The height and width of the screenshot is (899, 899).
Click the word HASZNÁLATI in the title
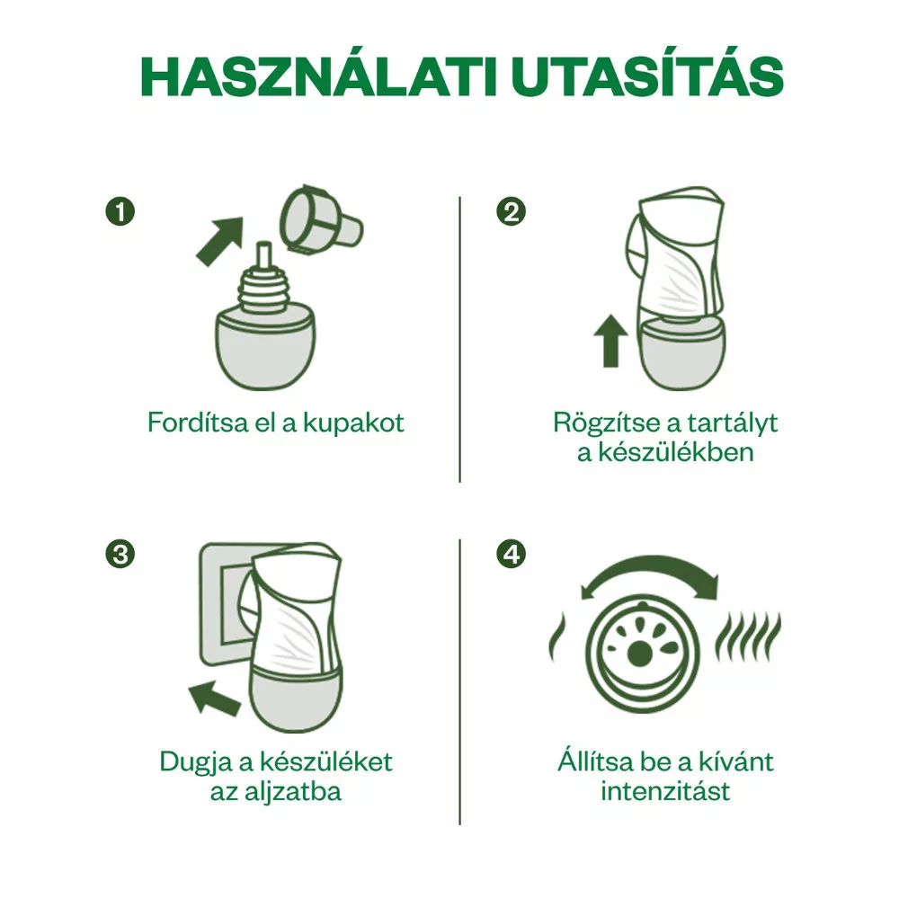(319, 76)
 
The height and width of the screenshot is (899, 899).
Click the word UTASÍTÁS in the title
(647, 76)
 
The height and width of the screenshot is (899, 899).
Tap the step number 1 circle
(120, 211)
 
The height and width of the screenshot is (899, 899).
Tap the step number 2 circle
(511, 211)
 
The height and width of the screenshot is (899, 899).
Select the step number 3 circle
(120, 555)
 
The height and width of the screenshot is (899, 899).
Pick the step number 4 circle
(511, 555)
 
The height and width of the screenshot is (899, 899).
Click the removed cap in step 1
(320, 218)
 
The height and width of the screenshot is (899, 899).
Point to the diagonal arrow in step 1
(220, 241)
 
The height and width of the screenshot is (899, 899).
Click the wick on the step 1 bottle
(263, 256)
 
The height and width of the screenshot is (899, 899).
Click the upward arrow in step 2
(611, 341)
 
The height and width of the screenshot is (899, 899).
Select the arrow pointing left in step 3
(215, 698)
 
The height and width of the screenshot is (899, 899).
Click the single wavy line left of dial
(556, 637)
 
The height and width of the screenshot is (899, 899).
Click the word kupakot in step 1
(353, 423)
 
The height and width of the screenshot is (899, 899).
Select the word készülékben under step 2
(676, 452)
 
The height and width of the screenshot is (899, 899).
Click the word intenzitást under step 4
(665, 792)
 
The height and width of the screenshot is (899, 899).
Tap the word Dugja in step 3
(196, 762)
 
